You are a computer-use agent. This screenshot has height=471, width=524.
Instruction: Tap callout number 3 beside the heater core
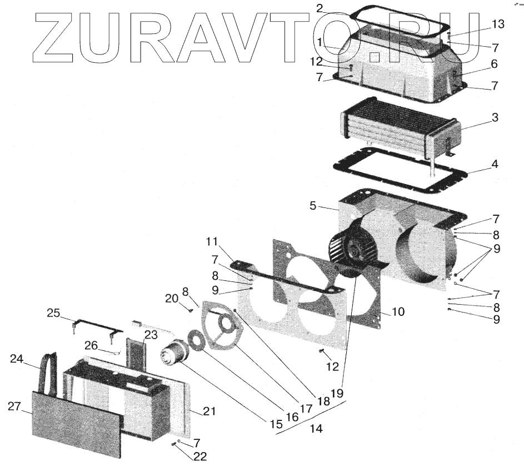click(x=495, y=118)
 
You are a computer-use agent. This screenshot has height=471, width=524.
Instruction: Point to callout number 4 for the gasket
click(x=495, y=165)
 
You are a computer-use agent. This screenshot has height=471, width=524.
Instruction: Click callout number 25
click(x=53, y=313)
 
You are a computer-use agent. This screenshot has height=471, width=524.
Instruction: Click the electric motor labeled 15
click(x=173, y=354)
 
